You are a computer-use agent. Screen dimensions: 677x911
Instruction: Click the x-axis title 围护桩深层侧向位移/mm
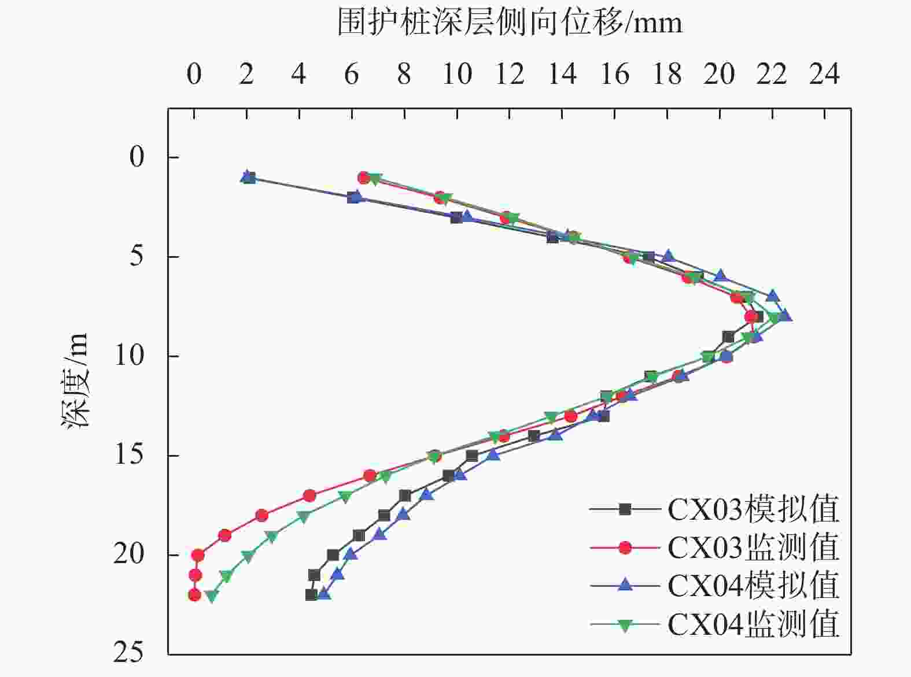point(510,24)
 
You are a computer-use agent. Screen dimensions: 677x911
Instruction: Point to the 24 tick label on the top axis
point(824,75)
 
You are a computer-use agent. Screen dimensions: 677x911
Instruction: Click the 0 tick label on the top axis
point(194,75)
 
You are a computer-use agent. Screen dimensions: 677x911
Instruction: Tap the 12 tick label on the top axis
point(510,75)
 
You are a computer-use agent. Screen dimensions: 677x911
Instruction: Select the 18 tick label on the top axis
point(667,75)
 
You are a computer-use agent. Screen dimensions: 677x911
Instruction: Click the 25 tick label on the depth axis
point(128,654)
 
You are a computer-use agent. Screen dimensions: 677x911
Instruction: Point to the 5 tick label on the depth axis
point(137,256)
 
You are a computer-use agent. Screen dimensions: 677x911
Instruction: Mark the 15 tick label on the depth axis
point(128,455)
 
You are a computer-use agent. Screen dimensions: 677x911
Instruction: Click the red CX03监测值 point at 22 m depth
point(194,594)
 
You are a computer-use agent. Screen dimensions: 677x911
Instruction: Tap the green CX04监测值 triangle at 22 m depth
point(212,595)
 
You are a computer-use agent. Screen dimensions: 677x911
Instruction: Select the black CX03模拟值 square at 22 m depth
point(311,594)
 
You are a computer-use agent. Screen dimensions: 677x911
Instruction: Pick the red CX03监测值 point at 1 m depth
point(364,177)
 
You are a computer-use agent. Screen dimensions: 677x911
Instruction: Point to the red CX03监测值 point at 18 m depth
point(261,515)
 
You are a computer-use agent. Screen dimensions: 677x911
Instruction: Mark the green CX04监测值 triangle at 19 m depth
point(272,537)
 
